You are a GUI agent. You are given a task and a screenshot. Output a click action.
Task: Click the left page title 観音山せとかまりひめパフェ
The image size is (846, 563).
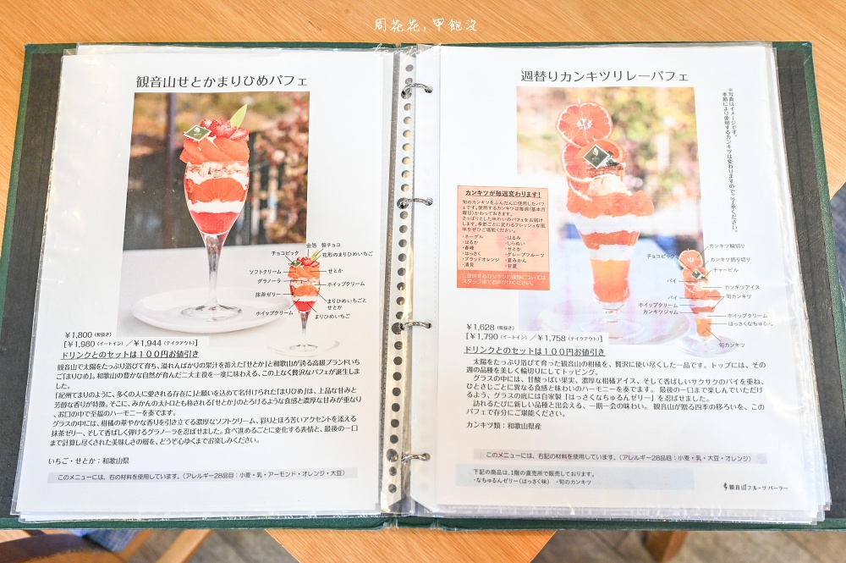point(222,81)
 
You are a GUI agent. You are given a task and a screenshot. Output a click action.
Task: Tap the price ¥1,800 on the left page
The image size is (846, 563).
point(83,334)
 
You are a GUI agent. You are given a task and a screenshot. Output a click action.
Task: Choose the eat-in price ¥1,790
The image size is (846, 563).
point(485,337)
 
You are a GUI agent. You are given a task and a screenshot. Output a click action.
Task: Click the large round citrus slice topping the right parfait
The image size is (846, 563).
point(584,124)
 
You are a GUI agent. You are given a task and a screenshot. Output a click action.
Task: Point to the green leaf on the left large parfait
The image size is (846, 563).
point(238,116)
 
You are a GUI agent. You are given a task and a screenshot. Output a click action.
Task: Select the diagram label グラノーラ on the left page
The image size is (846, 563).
point(264,280)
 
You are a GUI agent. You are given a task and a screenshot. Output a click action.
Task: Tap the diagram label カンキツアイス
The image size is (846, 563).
point(742,287)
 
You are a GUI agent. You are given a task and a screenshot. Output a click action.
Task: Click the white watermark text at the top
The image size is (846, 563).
point(426,25)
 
